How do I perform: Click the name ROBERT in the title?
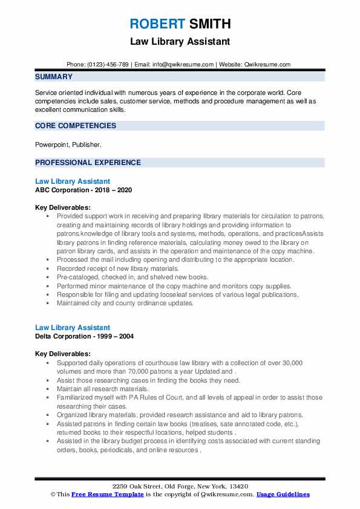[156, 24]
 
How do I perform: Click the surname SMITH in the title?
[209, 24]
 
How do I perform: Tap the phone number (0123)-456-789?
[106, 65]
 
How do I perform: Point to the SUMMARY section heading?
[54, 77]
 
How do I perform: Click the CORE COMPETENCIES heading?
[76, 126]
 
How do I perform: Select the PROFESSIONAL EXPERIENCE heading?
[88, 163]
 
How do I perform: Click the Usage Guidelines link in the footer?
[283, 494]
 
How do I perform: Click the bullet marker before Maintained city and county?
[48, 303]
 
